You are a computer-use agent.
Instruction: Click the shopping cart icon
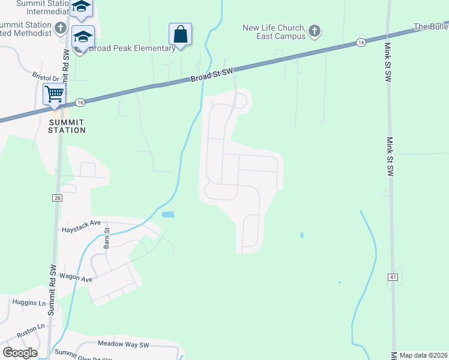coord(54,94)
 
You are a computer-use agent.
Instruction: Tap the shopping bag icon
coord(180,34)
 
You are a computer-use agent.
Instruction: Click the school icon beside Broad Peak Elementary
coord(83,37)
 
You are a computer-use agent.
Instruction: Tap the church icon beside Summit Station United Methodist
coord(61,28)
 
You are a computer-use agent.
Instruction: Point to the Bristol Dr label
coord(46,78)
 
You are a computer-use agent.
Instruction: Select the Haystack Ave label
coord(81,226)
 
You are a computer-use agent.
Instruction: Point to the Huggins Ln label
coord(29,304)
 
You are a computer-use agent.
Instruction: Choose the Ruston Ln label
coord(31,329)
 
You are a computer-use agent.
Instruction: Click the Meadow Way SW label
coord(123,344)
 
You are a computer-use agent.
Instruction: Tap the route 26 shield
coord(57,198)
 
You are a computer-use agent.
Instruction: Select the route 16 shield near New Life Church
coord(360,42)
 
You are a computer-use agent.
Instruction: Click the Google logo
coord(20,353)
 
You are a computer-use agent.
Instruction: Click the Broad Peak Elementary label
coord(132,48)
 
